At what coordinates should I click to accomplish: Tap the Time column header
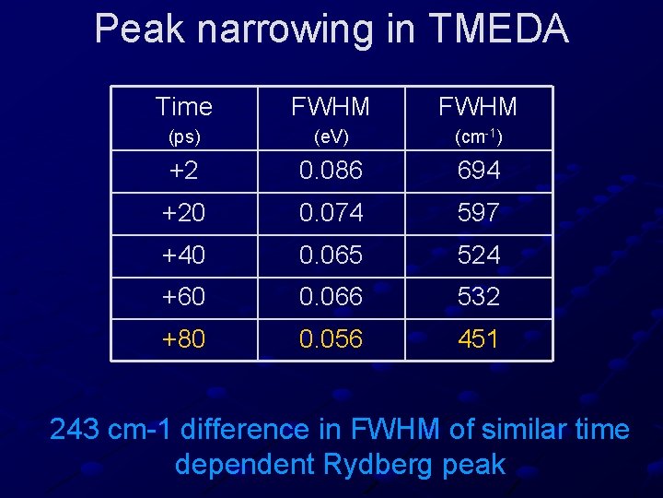click(184, 107)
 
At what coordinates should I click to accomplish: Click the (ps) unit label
click(184, 137)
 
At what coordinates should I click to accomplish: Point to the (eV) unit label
click(331, 137)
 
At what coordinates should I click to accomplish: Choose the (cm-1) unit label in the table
click(479, 137)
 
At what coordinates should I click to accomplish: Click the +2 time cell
click(184, 171)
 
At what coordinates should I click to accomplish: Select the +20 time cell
click(184, 213)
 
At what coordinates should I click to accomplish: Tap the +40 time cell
click(184, 255)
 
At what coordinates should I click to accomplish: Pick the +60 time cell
click(184, 297)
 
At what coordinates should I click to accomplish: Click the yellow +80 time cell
click(184, 339)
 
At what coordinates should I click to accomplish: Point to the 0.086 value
click(331, 171)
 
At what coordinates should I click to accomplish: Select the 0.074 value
click(331, 213)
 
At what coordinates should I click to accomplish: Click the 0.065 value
click(331, 255)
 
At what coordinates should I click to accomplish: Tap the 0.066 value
click(331, 297)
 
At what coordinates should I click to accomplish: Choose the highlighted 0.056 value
click(331, 339)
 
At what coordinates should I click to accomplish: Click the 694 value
click(479, 171)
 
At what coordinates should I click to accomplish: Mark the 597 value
click(479, 213)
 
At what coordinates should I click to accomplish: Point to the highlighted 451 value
click(479, 339)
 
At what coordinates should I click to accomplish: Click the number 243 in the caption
click(75, 430)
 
